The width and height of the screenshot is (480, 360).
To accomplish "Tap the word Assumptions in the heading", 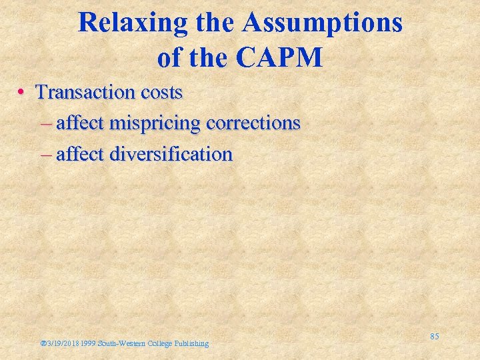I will [323, 24].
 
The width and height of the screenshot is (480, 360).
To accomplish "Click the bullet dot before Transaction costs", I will [23, 93].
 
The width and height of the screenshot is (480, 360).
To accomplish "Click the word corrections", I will [254, 123].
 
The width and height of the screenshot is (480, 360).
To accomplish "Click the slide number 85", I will [434, 337].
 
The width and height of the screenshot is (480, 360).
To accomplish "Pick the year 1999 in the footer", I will [89, 343].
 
